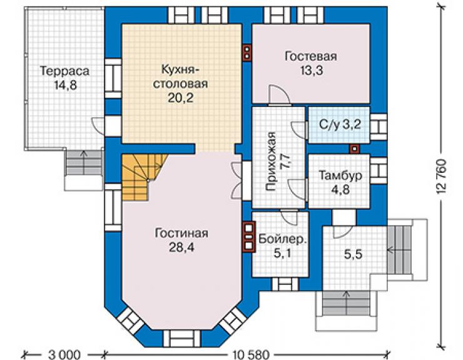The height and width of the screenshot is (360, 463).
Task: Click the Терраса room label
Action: point(64,71)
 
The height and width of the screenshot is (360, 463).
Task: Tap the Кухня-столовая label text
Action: point(180,76)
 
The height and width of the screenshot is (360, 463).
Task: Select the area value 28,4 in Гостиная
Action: point(181,247)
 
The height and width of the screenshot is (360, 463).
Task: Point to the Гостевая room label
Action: point(310,56)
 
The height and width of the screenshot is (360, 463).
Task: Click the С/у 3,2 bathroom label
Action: point(340,125)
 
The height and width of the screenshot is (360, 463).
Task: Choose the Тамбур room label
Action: point(340,175)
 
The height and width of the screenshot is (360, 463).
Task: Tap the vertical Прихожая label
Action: point(271,162)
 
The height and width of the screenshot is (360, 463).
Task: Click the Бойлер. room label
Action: point(282,239)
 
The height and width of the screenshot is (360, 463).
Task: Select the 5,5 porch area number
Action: point(353,254)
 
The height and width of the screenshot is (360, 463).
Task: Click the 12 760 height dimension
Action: point(441,177)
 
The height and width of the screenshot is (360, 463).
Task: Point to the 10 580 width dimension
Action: point(251,354)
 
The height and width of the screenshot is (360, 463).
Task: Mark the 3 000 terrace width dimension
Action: point(64,354)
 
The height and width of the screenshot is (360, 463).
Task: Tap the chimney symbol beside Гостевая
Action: point(247,53)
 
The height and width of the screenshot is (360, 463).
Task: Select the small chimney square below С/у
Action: point(354,149)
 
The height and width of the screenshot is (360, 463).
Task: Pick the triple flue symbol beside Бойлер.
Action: point(248,237)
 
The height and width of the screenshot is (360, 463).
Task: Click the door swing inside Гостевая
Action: point(279,94)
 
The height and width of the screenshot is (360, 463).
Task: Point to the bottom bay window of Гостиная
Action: point(181,338)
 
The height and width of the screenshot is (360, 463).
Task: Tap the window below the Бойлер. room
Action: point(285,284)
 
